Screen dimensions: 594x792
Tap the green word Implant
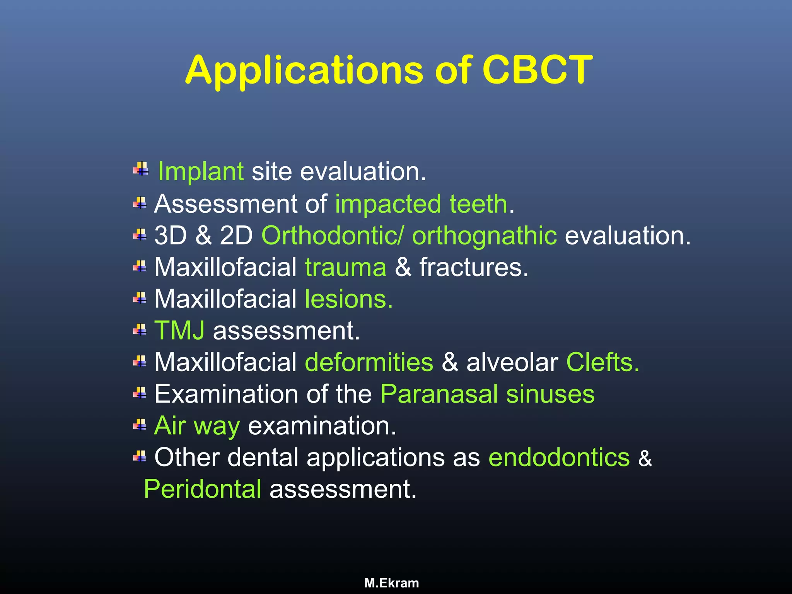201,171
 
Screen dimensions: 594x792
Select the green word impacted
388,204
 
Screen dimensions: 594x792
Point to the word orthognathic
484,236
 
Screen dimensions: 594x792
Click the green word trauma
345,267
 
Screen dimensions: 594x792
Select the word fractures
474,267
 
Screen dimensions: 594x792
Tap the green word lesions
348,299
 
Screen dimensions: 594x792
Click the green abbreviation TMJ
179,331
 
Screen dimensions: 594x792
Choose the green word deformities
369,362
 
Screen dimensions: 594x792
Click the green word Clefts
603,362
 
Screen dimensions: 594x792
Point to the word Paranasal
439,394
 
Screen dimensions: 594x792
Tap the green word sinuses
550,394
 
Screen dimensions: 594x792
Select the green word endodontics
559,457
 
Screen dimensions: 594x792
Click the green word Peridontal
202,489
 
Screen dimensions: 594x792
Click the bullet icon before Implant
141,169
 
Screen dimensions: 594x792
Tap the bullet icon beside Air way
140,425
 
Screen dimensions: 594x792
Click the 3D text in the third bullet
171,236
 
